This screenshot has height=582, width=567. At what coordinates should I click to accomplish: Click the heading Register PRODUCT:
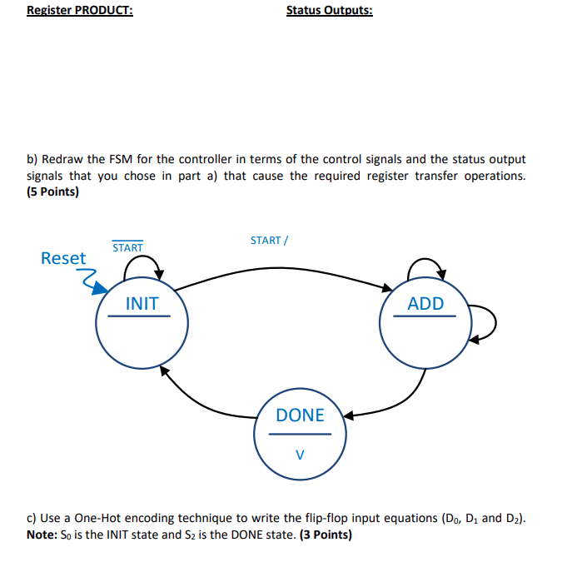(x=79, y=11)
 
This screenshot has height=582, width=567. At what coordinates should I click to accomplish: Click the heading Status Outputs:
(x=329, y=11)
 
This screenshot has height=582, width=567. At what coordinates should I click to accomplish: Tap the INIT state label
(x=142, y=304)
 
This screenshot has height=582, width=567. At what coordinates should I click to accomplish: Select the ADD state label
(x=425, y=304)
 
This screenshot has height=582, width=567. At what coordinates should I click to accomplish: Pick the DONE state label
(x=300, y=415)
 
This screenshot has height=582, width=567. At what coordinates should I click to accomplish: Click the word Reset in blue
(x=63, y=258)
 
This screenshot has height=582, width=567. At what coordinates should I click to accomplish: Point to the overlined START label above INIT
(x=127, y=247)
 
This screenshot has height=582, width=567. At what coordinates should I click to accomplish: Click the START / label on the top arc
(x=269, y=240)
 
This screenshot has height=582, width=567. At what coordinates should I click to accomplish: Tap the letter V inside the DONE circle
(x=300, y=455)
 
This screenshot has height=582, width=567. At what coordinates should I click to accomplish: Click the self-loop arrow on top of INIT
(x=143, y=262)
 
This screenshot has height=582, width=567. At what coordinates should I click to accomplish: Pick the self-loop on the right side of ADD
(x=487, y=323)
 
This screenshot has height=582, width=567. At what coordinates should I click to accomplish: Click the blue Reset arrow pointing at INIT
(x=92, y=281)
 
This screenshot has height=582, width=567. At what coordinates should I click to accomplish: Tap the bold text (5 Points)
(x=52, y=192)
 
